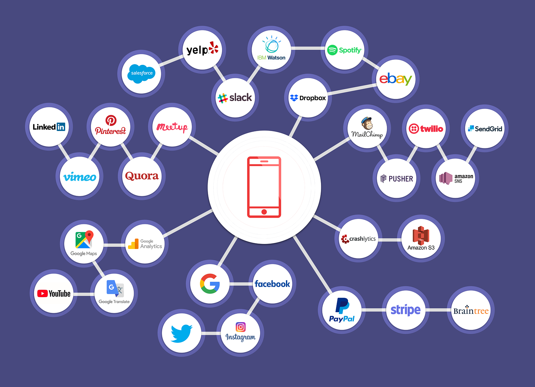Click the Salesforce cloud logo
click(141, 73)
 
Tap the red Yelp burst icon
click(213, 48)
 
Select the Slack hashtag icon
click(222, 98)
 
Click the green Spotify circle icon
click(332, 50)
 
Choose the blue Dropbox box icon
click(294, 98)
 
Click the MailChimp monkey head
click(367, 123)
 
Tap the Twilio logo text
click(432, 129)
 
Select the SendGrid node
click(485, 129)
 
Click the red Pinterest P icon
click(111, 120)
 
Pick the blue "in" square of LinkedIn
click(61, 127)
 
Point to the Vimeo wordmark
click(80, 177)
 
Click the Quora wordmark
click(142, 176)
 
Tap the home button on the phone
click(264, 212)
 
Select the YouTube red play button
click(42, 293)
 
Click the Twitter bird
click(181, 333)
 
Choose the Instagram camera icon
click(240, 327)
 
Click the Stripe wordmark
click(406, 310)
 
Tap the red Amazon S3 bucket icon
click(421, 235)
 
